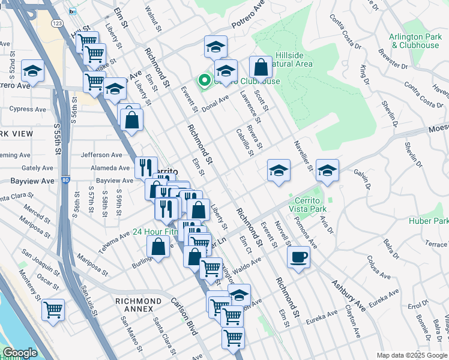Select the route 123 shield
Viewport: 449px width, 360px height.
coord(58,23)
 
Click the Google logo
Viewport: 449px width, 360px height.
coord(19,353)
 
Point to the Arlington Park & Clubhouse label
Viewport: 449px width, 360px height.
coord(414,41)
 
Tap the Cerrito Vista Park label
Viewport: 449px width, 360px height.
coord(307,204)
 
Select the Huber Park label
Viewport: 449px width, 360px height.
coord(429,220)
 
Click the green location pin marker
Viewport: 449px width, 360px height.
coord(204,80)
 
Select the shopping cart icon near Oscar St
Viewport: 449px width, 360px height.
coord(53,310)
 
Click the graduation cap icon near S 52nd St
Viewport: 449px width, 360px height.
coord(32,70)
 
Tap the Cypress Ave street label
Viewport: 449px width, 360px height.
coord(28,109)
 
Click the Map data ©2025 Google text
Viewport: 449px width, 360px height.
coord(411,355)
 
